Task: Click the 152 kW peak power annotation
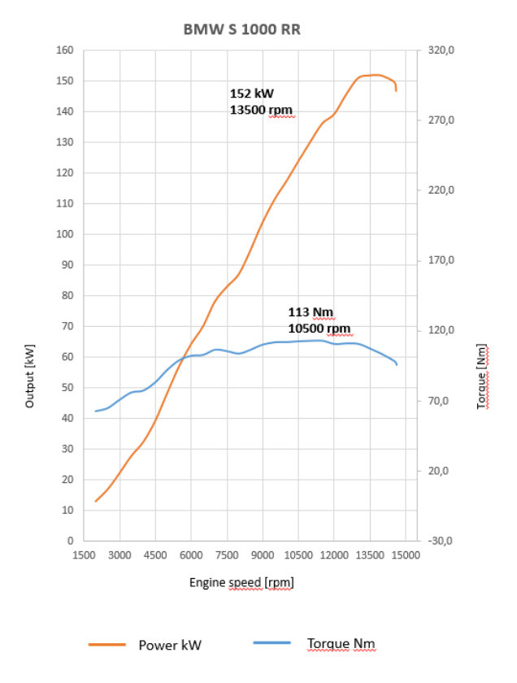pos(252,94)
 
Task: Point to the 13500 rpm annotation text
pos(261,110)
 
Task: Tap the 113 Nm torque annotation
pos(311,312)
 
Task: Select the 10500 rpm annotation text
pos(319,328)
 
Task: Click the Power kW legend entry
pos(170,646)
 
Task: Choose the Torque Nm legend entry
pos(341,644)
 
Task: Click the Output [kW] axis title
pos(30,375)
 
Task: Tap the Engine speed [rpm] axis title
pos(241,582)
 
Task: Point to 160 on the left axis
pos(66,50)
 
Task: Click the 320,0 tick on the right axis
pos(439,50)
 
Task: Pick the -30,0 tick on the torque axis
pos(439,541)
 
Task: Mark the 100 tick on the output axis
pos(66,234)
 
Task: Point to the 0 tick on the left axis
pos(71,541)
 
